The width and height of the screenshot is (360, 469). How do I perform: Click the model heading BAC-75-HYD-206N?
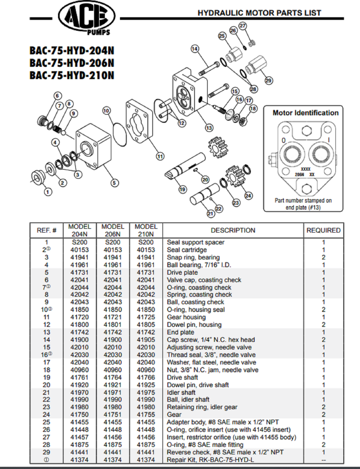pos(72,63)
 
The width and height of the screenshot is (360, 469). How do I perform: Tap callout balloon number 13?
pos(209,128)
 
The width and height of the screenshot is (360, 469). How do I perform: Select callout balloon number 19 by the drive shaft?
pos(182,189)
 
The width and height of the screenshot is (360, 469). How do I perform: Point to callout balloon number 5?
pos(115,183)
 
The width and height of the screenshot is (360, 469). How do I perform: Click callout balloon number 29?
pos(268,80)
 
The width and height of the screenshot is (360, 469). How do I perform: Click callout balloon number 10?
pos(106,111)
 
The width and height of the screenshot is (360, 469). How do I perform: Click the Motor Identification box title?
pos(305,113)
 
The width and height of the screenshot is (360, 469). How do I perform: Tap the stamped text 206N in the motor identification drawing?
pos(299,175)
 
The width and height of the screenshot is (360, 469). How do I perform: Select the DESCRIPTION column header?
pos(233,230)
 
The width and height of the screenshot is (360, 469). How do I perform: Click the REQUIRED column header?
pos(323,230)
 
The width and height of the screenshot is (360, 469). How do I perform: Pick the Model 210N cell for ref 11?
pos(146,317)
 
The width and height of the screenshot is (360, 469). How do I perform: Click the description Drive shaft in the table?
pos(182,377)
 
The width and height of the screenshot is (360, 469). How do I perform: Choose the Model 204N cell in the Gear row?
pos(79,415)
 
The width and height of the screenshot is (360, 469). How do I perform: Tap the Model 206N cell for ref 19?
pos(113,377)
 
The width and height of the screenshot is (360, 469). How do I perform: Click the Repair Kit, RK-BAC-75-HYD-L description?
pos(210,460)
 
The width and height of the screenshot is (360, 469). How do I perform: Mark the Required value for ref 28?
pos(323,445)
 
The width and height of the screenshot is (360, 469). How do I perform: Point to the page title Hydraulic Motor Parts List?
pos(259,13)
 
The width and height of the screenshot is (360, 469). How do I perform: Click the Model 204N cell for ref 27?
pos(79,437)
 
